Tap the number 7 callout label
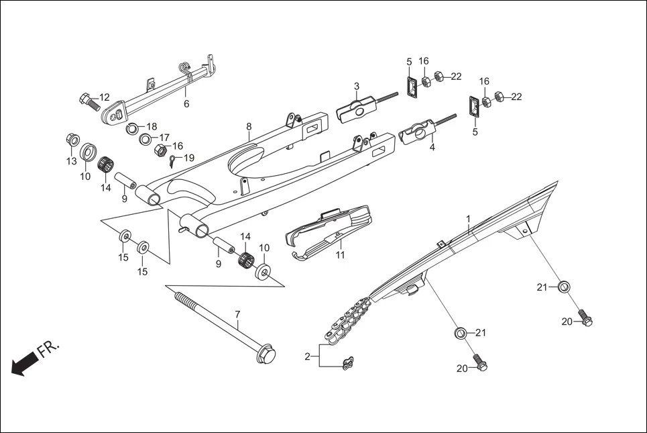[x=237, y=314]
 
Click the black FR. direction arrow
[x=24, y=365]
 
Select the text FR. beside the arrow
[x=48, y=350]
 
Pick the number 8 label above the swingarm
[x=249, y=126]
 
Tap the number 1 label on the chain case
[x=468, y=219]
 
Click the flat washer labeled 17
[x=145, y=140]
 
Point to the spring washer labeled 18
[x=133, y=128]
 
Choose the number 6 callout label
[x=186, y=104]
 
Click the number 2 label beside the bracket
[x=308, y=356]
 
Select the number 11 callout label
[x=341, y=256]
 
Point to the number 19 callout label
[x=189, y=158]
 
